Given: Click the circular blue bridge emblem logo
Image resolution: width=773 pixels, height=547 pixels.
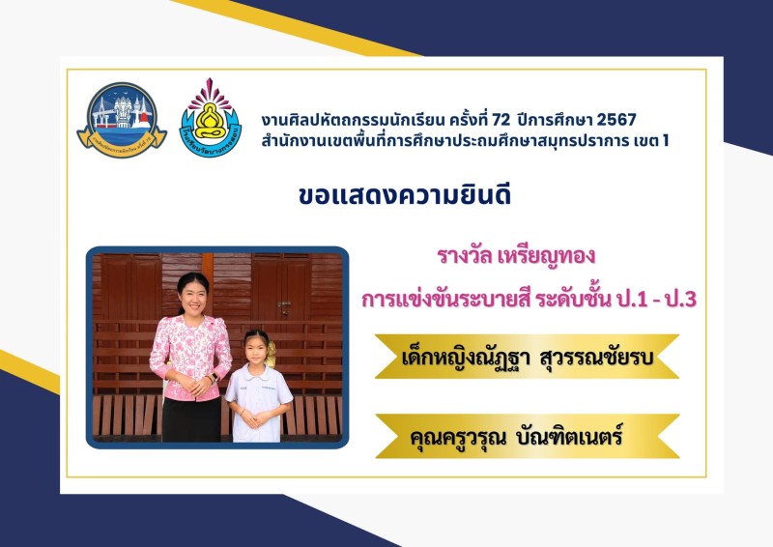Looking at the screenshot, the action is point(122,120).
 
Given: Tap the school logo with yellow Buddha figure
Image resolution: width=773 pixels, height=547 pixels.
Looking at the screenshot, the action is point(211,118).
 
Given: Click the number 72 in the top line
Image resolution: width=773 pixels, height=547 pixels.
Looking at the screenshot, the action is point(501,120).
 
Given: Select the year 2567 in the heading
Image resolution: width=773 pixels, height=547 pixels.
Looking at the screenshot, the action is point(616,120).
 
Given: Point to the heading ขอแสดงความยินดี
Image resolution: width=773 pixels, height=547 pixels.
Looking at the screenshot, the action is point(405,194).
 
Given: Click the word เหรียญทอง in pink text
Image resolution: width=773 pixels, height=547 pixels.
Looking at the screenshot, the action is point(547,256).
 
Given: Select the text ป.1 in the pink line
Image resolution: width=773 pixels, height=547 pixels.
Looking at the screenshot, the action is point(631,299).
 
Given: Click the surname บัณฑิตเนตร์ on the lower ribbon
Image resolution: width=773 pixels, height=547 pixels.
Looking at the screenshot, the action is point(568,437).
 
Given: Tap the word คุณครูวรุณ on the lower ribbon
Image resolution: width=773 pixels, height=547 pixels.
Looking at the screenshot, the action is point(458,438).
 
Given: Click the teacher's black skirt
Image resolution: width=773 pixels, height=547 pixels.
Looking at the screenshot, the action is point(191,418).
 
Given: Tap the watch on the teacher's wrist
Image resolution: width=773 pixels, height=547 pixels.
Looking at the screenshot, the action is point(214,378).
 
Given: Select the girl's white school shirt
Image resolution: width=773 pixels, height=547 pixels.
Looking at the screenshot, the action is point(257,400).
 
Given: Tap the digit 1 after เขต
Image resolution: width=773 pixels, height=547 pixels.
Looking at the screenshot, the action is point(666,141).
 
